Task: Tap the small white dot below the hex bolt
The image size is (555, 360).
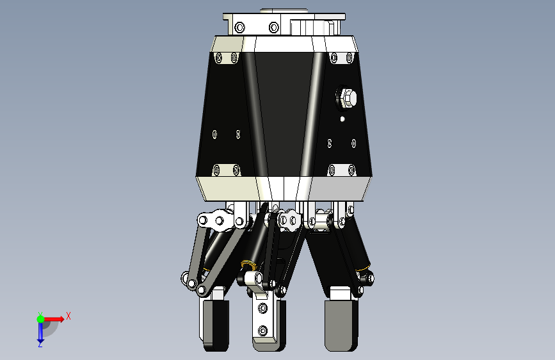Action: [x=342, y=119]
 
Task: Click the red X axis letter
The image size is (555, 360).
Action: [x=68, y=316]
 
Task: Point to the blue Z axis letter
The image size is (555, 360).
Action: [x=40, y=344]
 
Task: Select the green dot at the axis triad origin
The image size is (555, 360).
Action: [x=40, y=319]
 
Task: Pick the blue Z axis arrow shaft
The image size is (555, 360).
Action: [x=40, y=331]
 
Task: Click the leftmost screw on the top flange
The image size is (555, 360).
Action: [x=239, y=27]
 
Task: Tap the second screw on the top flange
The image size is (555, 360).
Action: [x=273, y=27]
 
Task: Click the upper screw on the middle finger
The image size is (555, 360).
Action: [x=262, y=308]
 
